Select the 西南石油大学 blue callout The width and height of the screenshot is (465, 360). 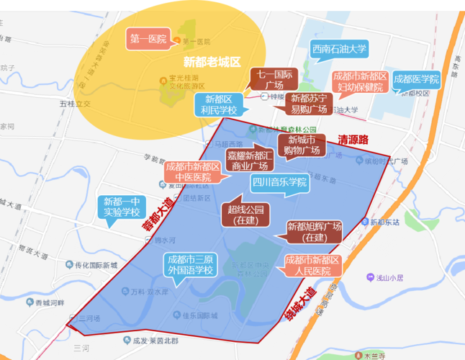click(340, 50)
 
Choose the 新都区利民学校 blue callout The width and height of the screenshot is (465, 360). click(220, 104)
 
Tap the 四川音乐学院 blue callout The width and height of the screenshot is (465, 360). click(279, 183)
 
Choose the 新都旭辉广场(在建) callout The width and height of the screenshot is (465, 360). click(314, 232)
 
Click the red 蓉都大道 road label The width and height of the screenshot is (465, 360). click(157, 215)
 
